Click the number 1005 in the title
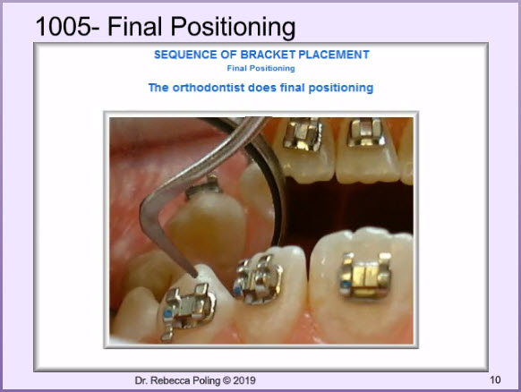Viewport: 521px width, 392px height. pos(63,27)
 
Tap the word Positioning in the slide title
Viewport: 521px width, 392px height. pos(233,28)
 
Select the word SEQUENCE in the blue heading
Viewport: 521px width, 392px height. pos(185,55)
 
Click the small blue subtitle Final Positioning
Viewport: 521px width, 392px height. pos(260,68)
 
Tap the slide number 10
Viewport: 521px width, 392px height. pos(495,379)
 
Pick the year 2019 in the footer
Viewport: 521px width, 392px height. pos(244,380)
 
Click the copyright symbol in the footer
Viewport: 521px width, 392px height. pos(226,380)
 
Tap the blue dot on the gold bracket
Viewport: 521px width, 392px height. pos(346,285)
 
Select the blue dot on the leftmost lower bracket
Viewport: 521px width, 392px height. pos(167,313)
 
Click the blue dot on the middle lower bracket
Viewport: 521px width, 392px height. pos(237,291)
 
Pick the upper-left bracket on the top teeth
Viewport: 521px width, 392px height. pos(302,133)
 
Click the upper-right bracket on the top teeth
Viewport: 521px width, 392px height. pos(366,132)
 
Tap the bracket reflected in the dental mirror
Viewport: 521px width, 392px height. pos(204,187)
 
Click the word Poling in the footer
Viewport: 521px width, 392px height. pos(208,381)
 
